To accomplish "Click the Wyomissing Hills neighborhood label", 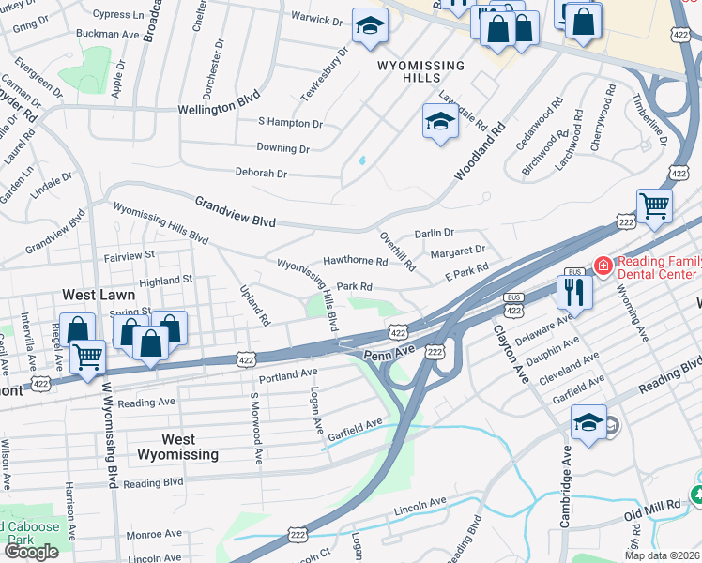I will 420,72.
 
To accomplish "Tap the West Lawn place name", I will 91,295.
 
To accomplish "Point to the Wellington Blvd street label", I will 219,109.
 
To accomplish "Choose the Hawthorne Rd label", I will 355,261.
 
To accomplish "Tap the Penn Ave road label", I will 389,351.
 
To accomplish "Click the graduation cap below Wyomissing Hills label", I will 439,121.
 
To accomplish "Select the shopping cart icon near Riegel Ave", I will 87,355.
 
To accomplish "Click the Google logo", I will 31,552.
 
